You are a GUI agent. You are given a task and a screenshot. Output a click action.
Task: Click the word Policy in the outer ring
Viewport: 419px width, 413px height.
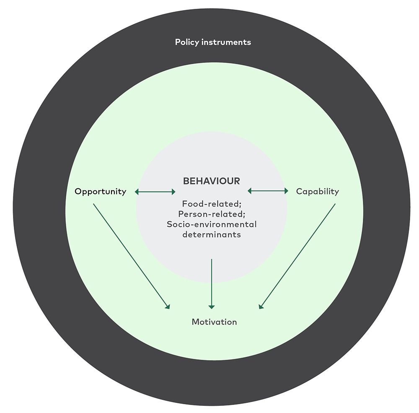pyautogui.click(x=187, y=42)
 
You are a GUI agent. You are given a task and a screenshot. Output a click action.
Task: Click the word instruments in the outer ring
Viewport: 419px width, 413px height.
pyautogui.click(x=226, y=42)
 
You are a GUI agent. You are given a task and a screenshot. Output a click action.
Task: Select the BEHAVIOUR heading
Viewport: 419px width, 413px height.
pyautogui.click(x=211, y=181)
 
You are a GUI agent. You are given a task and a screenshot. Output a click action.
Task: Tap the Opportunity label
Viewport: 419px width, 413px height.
pyautogui.click(x=101, y=192)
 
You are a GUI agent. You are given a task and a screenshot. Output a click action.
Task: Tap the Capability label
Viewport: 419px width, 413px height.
pyautogui.click(x=318, y=192)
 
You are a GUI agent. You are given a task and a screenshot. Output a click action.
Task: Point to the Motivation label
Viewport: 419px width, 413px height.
pyautogui.click(x=214, y=322)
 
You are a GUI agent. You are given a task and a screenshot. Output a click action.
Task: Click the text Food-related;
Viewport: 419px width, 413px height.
pyautogui.click(x=212, y=204)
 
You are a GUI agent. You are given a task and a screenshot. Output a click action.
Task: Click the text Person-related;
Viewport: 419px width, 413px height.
pyautogui.click(x=212, y=214)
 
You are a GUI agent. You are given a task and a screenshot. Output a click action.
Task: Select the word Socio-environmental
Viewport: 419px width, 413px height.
pyautogui.click(x=212, y=224)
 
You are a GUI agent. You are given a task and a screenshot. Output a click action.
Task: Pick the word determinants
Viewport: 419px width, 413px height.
pyautogui.click(x=212, y=234)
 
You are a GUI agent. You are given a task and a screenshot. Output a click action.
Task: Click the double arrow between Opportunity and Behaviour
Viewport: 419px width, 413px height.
pyautogui.click(x=155, y=192)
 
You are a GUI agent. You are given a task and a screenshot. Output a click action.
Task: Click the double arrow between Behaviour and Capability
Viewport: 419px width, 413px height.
pyautogui.click(x=268, y=191)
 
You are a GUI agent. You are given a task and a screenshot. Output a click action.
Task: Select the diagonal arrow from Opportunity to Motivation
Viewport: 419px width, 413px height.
pyautogui.click(x=132, y=256)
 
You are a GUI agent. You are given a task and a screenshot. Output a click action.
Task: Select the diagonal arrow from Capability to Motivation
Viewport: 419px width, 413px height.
pyautogui.click(x=297, y=256)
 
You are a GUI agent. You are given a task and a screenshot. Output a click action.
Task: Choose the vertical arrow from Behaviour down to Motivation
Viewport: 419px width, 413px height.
pyautogui.click(x=212, y=284)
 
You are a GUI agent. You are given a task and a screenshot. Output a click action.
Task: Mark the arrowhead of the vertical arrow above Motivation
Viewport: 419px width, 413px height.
pyautogui.click(x=212, y=307)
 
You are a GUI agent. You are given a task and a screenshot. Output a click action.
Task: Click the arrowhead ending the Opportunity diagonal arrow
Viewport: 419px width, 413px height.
pyautogui.click(x=168, y=307)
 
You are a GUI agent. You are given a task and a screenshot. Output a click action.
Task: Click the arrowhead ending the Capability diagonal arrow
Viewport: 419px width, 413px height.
pyautogui.click(x=261, y=307)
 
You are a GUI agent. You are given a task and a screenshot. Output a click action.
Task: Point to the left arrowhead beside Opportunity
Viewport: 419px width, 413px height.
pyautogui.click(x=137, y=192)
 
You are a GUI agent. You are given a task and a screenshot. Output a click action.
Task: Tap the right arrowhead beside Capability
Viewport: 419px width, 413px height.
pyautogui.click(x=287, y=191)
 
